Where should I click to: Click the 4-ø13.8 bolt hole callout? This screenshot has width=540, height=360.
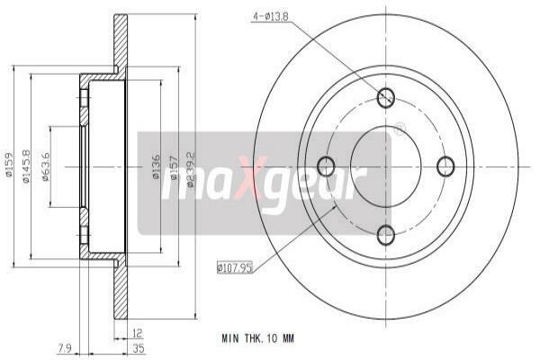tap(271, 16)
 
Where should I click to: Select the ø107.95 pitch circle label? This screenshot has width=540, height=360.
tap(235, 267)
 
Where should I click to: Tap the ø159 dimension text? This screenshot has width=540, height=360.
tap(9, 165)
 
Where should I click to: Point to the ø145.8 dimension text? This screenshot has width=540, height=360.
tap(26, 166)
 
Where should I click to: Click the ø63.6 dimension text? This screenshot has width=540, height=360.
tap(46, 166)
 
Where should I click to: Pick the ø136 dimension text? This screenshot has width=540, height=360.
tap(156, 166)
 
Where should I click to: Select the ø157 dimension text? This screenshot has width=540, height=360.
tap(174, 167)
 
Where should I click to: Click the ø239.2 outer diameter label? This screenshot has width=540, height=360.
tap(191, 169)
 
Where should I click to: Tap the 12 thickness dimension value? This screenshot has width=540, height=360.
tap(137, 333)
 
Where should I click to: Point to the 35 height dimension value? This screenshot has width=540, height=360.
tap(139, 348)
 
